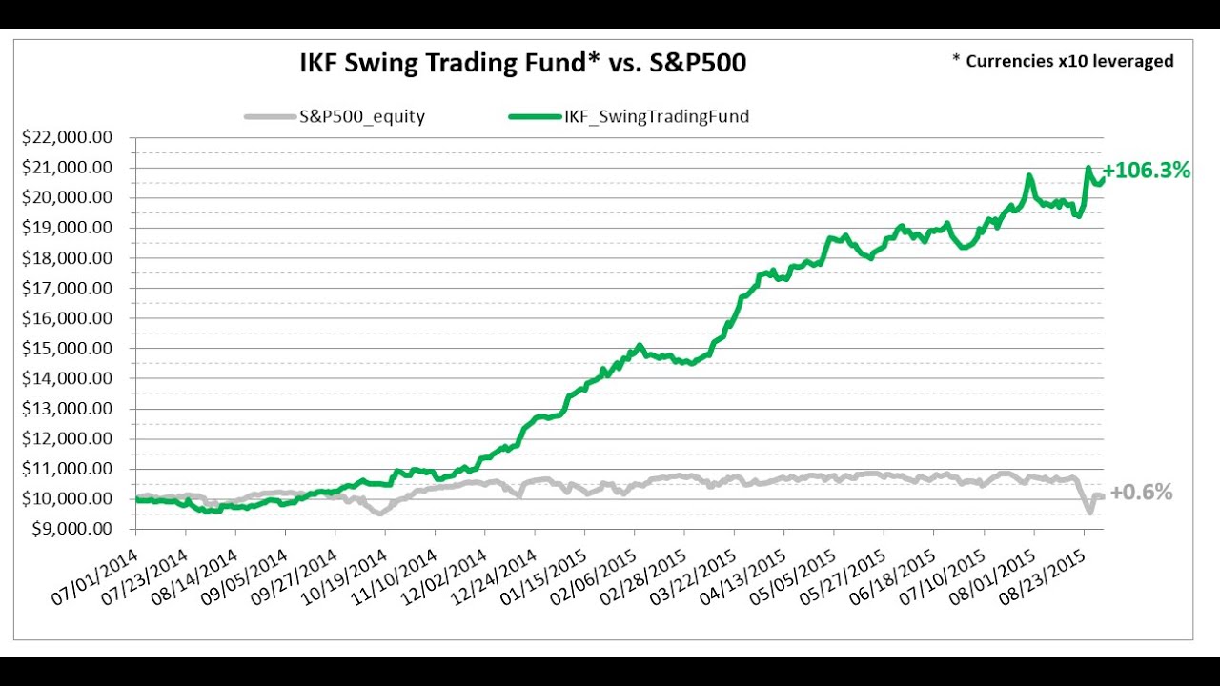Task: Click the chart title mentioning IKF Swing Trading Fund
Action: point(522,64)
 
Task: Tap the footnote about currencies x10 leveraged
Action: point(1063,61)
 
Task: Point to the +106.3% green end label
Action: point(1146,171)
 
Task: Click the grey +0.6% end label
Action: point(1141,493)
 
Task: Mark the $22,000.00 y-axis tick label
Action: point(67,137)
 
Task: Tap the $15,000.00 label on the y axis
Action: point(67,348)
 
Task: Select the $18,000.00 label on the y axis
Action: point(67,258)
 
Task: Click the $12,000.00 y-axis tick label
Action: point(67,438)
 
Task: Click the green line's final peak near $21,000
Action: point(1088,169)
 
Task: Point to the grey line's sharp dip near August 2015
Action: point(1089,513)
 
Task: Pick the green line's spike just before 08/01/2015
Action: point(1029,175)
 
